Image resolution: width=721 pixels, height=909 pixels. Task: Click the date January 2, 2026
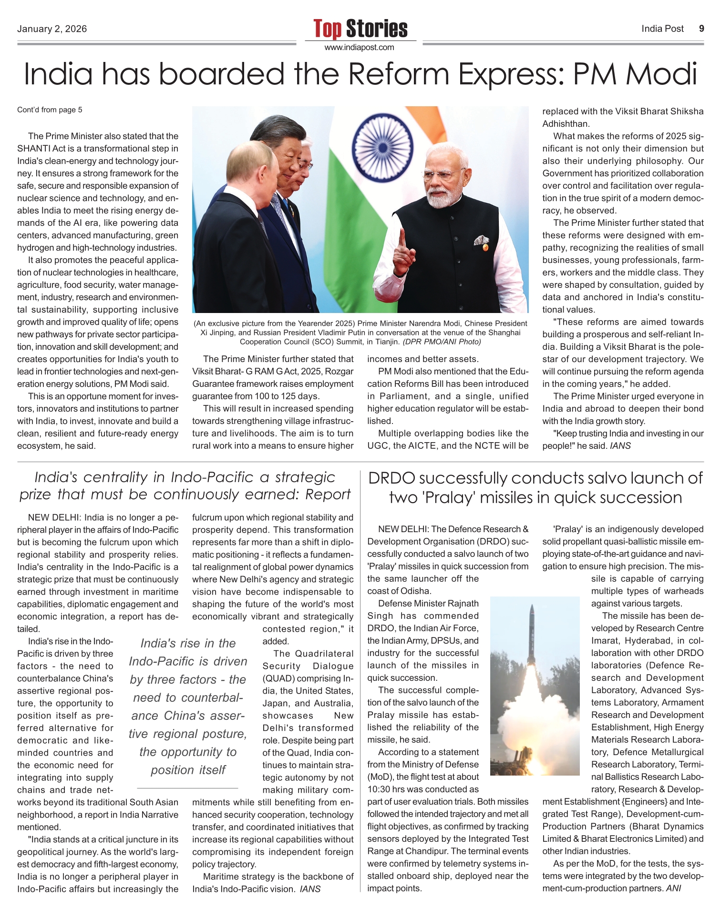pyautogui.click(x=52, y=29)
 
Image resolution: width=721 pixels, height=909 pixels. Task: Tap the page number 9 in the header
pyautogui.click(x=701, y=29)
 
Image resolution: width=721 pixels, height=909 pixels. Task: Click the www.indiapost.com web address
pyautogui.click(x=360, y=48)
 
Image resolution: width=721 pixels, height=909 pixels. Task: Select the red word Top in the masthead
pyautogui.click(x=328, y=29)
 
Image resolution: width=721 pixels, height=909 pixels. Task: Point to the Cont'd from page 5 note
pyautogui.click(x=50, y=110)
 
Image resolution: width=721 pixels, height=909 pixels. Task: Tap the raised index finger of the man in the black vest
pyautogui.click(x=402, y=238)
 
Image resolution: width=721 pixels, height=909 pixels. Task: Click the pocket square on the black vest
pyautogui.click(x=482, y=241)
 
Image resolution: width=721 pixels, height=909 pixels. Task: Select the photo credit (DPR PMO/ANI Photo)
pyautogui.click(x=442, y=342)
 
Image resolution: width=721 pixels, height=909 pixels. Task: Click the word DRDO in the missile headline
pyautogui.click(x=392, y=478)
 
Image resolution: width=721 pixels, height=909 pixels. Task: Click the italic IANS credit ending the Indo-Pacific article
pyautogui.click(x=310, y=889)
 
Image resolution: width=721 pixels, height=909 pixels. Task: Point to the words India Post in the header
pyautogui.click(x=662, y=29)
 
